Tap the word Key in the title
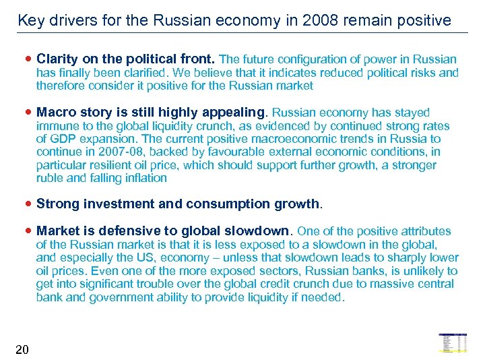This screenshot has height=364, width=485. point(30,20)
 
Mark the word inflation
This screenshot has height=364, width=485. point(144,179)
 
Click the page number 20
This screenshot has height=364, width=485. point(22,349)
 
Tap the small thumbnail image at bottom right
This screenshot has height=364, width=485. point(453,343)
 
